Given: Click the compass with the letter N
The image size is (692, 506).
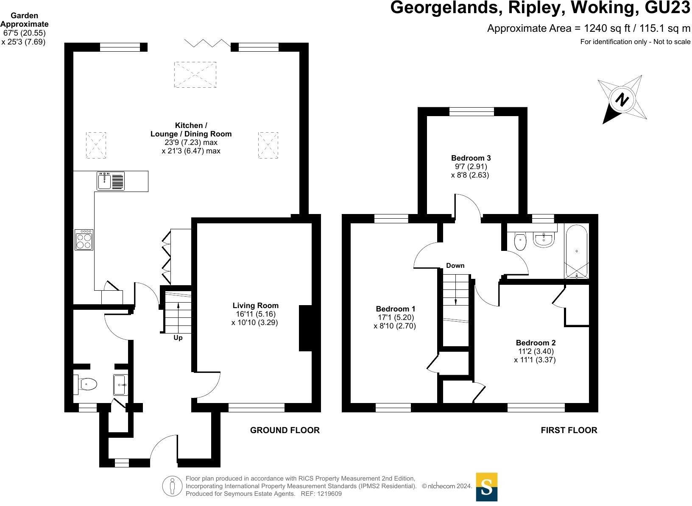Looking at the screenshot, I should coord(622,100).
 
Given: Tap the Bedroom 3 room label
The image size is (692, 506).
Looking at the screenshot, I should coord(471,158).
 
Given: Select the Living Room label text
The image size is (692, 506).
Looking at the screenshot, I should coord(255,306).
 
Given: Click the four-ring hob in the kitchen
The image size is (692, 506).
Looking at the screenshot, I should coord(84,240).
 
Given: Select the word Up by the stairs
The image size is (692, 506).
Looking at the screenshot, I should coord(178,338).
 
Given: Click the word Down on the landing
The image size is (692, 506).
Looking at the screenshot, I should coord(455,266).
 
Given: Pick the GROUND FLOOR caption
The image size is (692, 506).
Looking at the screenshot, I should coord(285,431).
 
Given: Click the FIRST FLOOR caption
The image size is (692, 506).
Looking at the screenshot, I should coord(569,431).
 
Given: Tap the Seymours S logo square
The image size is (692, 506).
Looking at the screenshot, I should coord(487,487).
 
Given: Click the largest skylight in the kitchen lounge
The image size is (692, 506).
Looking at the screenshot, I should coord(195,75).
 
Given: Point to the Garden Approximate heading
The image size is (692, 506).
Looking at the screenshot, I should coord(24,20).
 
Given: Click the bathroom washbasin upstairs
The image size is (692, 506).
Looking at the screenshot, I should coord(543,240).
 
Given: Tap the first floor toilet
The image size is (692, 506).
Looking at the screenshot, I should coord(520,242).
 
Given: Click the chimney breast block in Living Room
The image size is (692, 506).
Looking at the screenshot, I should coord(305,328).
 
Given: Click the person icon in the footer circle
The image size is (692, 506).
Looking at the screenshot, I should coord(172,487).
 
